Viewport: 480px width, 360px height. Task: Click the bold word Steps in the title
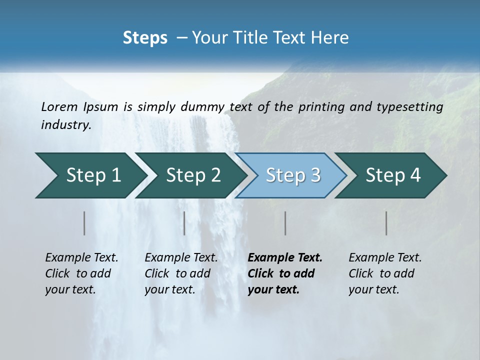coord(145,37)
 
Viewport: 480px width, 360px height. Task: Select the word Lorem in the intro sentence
coord(59,106)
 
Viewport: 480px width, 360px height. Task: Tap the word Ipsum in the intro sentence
coord(101,106)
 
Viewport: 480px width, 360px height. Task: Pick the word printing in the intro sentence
coord(319,106)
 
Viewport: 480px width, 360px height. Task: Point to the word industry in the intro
coord(66,125)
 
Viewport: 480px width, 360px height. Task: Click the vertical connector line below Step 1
coord(84,223)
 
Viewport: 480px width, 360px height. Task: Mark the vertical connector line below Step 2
coord(184,223)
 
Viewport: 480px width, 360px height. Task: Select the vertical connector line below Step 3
coord(285,223)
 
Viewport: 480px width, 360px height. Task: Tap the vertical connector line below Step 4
coord(386,223)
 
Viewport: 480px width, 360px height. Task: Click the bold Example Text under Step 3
coord(285,258)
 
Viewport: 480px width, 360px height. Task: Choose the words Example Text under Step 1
coord(81,258)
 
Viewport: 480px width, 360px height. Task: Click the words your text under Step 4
coord(373,289)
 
